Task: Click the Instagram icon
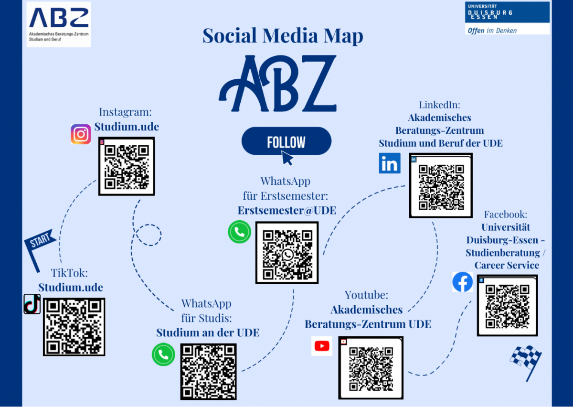click(x=81, y=134)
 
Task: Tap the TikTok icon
click(x=32, y=304)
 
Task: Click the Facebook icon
click(x=462, y=282)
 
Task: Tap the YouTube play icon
click(x=322, y=346)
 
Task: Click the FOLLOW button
click(x=286, y=141)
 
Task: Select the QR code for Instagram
click(x=127, y=166)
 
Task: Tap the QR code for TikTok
click(x=74, y=327)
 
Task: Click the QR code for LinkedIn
click(x=441, y=185)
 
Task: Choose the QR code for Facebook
click(x=507, y=305)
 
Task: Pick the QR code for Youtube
click(x=371, y=368)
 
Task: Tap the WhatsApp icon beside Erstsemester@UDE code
click(x=239, y=232)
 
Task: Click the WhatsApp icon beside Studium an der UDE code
click(x=163, y=354)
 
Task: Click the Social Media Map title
click(x=283, y=36)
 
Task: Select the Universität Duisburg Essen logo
click(x=507, y=12)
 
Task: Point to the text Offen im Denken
click(x=491, y=30)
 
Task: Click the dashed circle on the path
click(x=149, y=235)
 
